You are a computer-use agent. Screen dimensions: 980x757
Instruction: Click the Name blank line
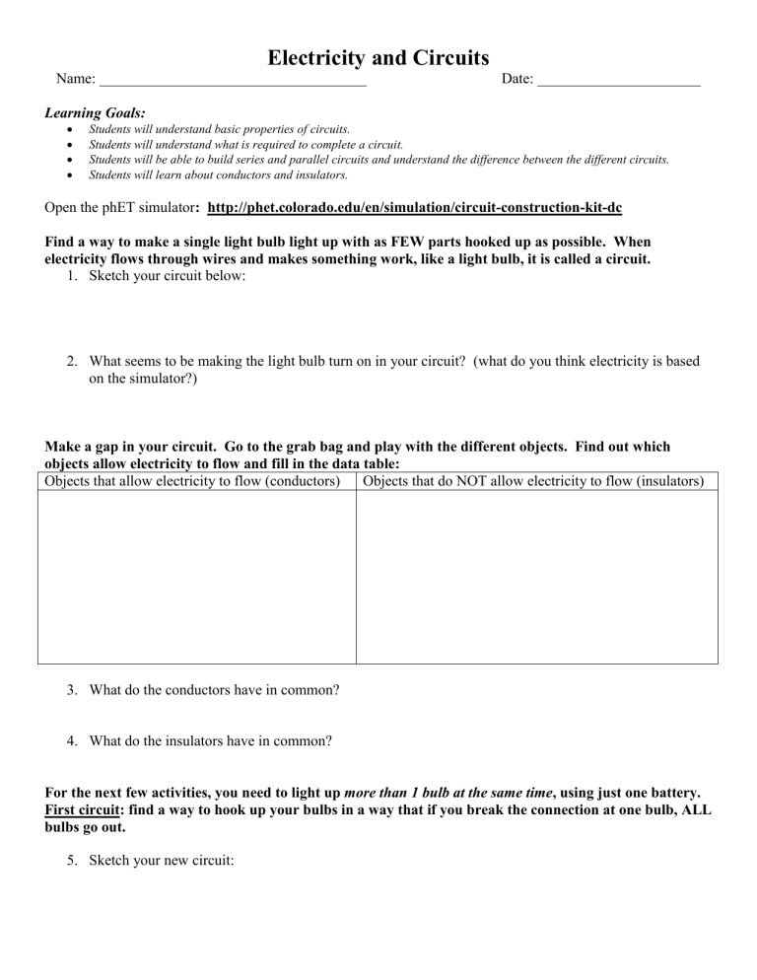(x=233, y=80)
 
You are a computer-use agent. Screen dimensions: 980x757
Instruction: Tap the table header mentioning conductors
(x=196, y=481)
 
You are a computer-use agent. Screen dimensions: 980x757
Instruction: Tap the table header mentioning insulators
(x=536, y=481)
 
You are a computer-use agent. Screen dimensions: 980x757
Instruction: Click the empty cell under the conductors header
(x=196, y=577)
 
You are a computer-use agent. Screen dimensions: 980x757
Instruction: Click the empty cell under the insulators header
(x=536, y=577)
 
